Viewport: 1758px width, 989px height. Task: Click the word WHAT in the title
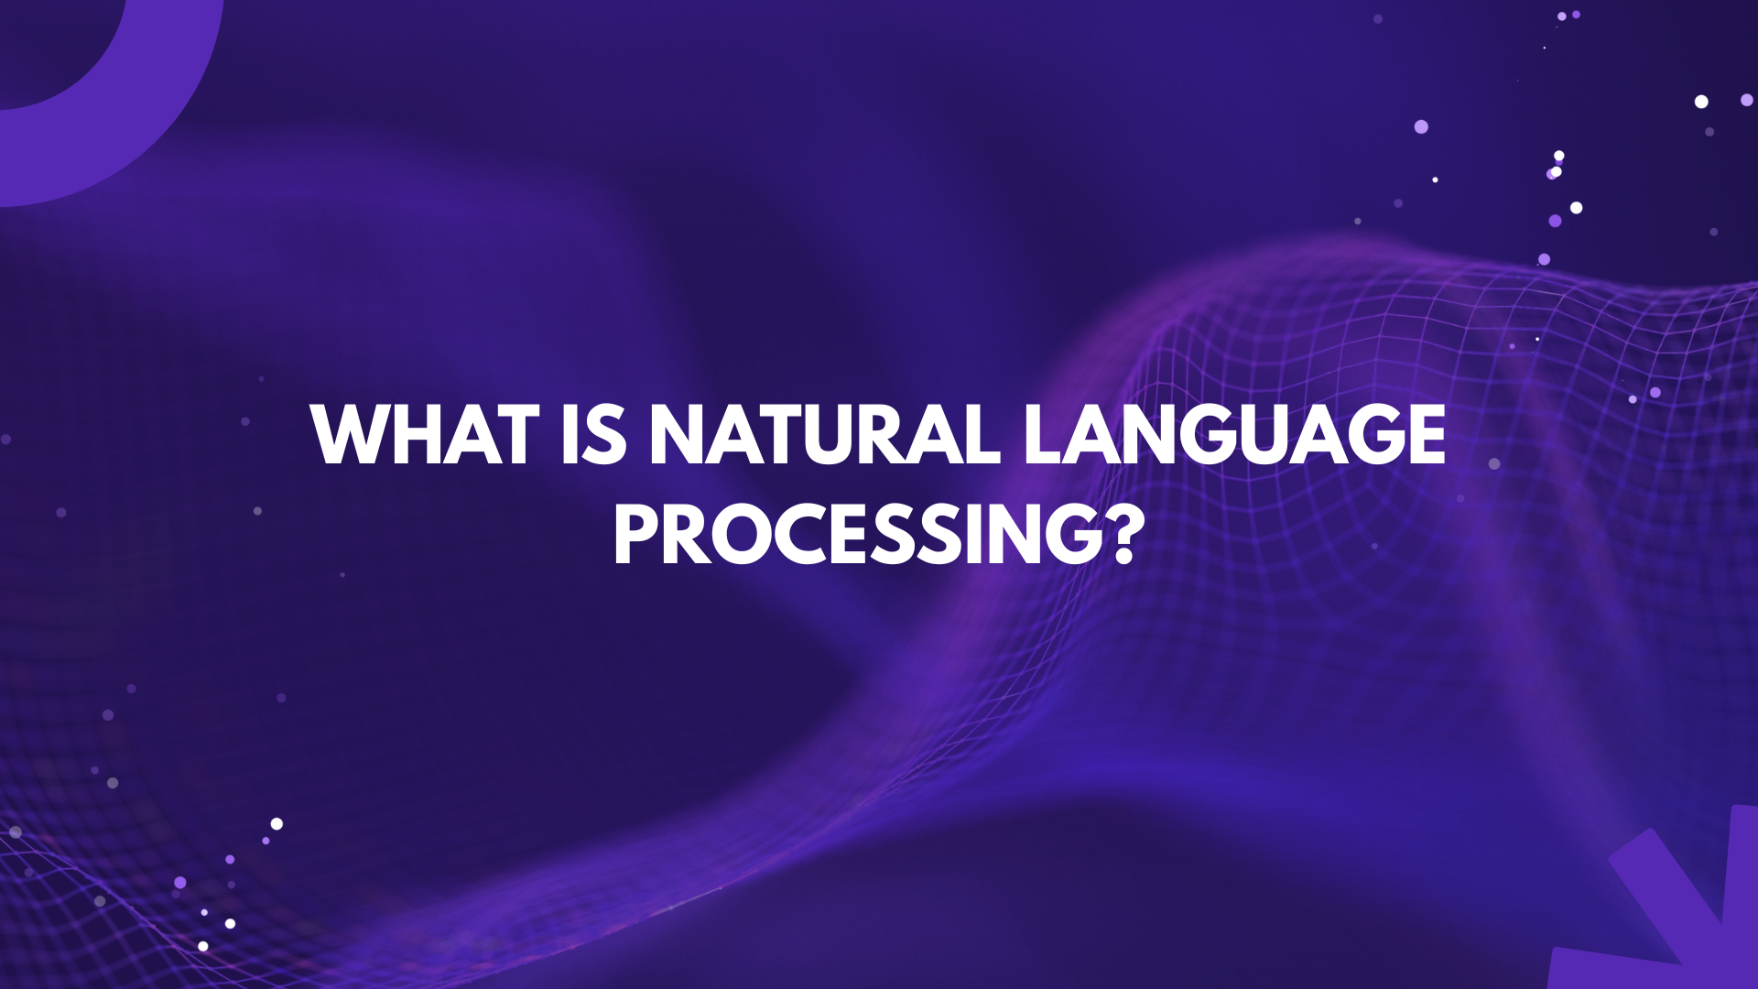click(x=425, y=434)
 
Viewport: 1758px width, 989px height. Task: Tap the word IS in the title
click(x=594, y=434)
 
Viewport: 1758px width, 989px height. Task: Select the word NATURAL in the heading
click(x=824, y=434)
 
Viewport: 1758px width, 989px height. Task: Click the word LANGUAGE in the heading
click(x=1234, y=434)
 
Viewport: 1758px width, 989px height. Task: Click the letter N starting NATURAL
click(x=678, y=434)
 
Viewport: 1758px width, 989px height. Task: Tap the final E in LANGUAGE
click(x=1424, y=434)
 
